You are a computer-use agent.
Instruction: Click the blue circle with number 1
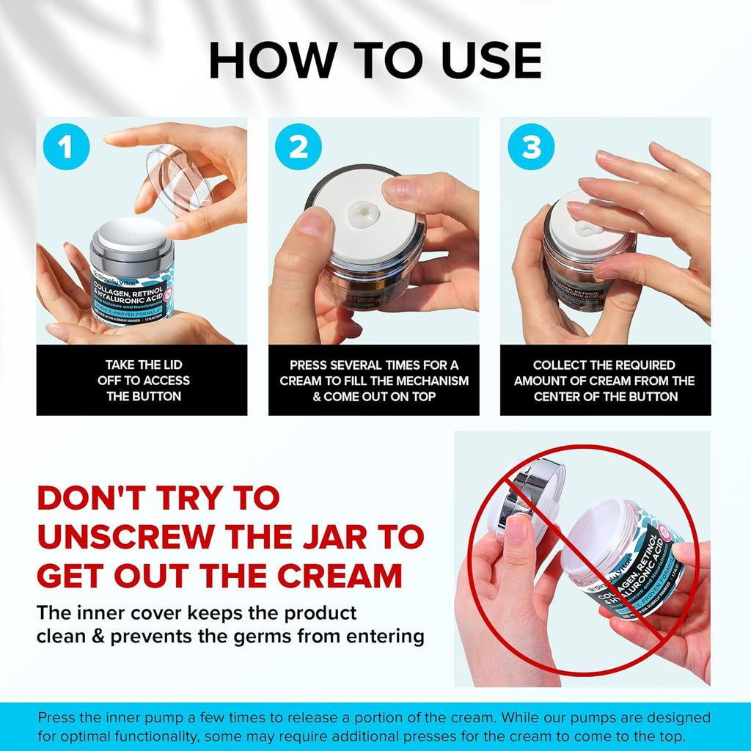[66, 147]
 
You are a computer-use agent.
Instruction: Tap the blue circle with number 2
[298, 147]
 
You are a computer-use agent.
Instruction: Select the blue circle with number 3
[531, 147]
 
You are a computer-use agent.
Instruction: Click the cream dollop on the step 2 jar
[363, 212]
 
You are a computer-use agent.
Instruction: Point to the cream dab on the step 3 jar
[587, 227]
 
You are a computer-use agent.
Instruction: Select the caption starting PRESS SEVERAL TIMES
[374, 380]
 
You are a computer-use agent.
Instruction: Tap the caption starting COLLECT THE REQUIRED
[605, 380]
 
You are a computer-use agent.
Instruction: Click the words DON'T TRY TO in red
[158, 498]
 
